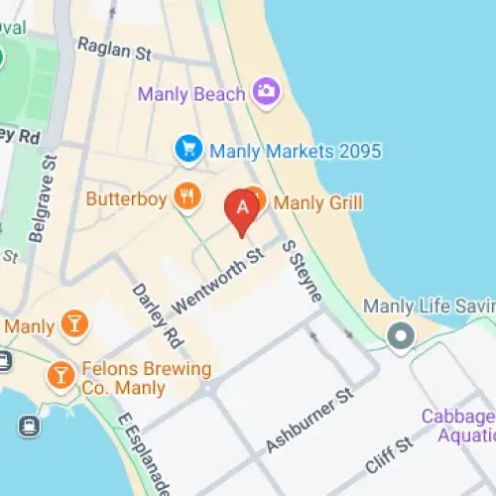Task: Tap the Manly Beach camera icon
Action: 265,92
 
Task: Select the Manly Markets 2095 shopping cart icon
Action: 187,150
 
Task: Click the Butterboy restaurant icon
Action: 186,196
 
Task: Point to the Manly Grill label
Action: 317,202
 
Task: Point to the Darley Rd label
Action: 158,314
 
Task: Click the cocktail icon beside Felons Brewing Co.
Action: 62,374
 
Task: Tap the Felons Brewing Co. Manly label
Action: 144,378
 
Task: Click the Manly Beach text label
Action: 191,94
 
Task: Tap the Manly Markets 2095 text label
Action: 295,152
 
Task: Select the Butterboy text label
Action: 128,197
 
